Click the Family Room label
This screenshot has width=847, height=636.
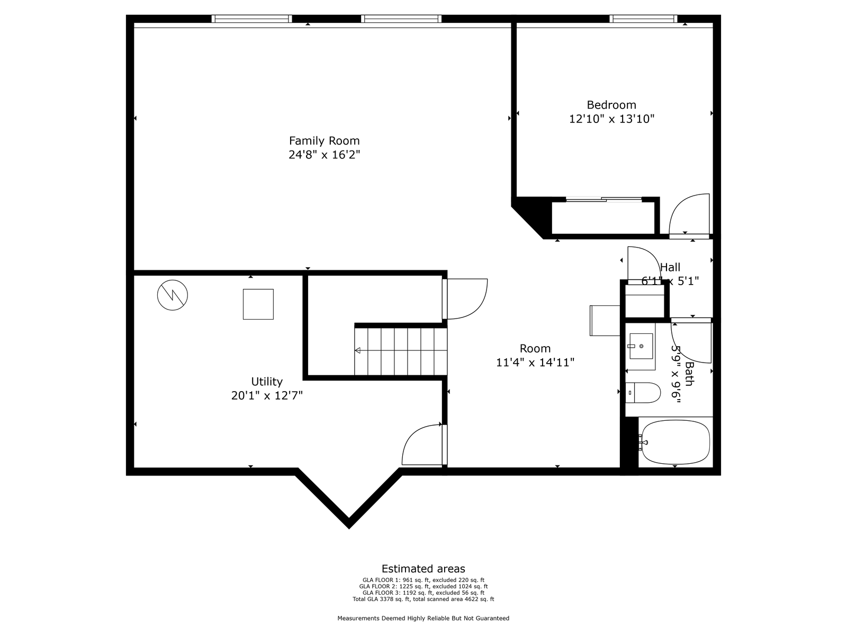click(324, 140)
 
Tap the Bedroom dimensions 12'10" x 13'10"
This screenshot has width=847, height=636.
click(611, 119)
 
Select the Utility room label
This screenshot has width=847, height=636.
click(267, 382)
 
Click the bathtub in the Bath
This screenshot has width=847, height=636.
click(675, 442)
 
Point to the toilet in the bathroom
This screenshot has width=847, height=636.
click(643, 393)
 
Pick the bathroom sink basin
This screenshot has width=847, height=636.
click(641, 346)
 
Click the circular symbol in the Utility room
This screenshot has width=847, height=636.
click(173, 295)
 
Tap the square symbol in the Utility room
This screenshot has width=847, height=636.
click(258, 304)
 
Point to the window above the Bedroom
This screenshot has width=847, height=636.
click(643, 19)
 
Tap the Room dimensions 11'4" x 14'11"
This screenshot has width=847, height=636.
click(535, 363)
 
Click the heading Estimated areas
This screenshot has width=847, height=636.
click(424, 569)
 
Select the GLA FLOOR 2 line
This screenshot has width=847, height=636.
click(424, 586)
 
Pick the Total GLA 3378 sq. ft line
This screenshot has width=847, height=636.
click(424, 599)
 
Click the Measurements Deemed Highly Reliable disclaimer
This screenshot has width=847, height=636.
click(424, 618)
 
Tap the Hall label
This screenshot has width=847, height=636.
click(670, 267)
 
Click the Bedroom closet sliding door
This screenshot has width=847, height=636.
click(604, 200)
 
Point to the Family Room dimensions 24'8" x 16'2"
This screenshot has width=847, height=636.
click(324, 155)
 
